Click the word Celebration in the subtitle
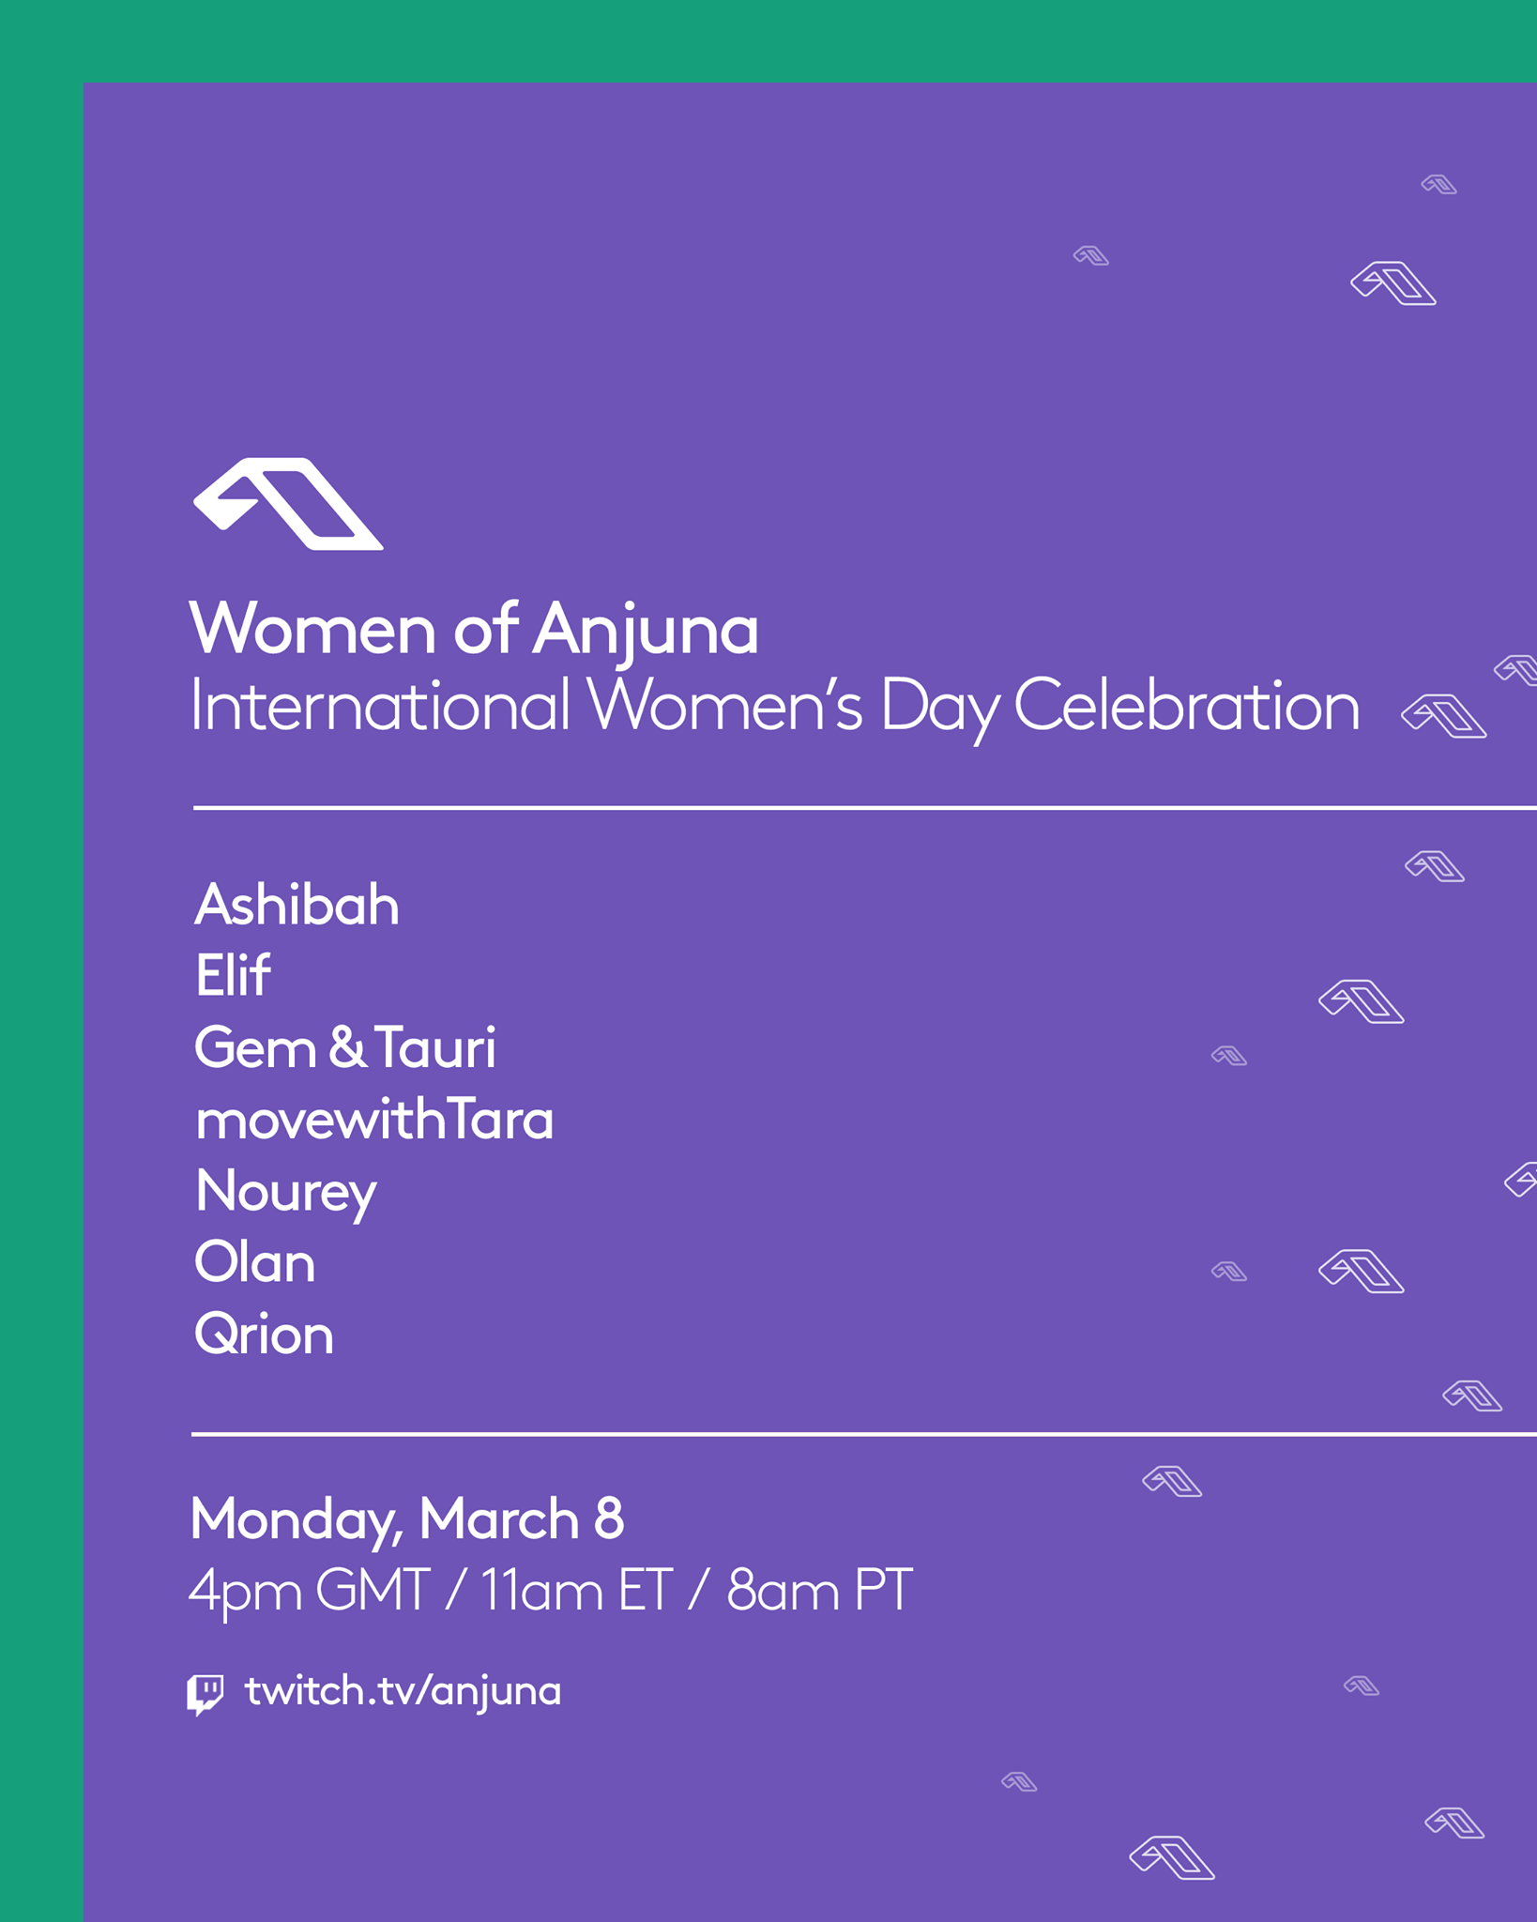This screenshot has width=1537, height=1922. point(1186,705)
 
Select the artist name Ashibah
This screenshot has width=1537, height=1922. point(297,905)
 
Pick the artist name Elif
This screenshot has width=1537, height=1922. point(233,975)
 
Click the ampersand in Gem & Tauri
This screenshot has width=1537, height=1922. point(346,1048)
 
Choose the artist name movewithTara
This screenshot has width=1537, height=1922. point(374,1120)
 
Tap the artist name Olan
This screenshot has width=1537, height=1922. point(254,1262)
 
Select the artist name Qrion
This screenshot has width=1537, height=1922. point(264,1335)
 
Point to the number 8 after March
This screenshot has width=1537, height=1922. point(608,1518)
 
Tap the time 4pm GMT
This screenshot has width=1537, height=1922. point(310,1592)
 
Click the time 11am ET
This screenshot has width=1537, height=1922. point(576,1590)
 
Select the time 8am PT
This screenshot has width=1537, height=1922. point(819,1590)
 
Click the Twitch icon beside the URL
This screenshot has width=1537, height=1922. point(205,1694)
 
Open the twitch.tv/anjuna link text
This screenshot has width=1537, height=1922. point(403,1692)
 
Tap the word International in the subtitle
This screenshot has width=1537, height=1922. point(380,705)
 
